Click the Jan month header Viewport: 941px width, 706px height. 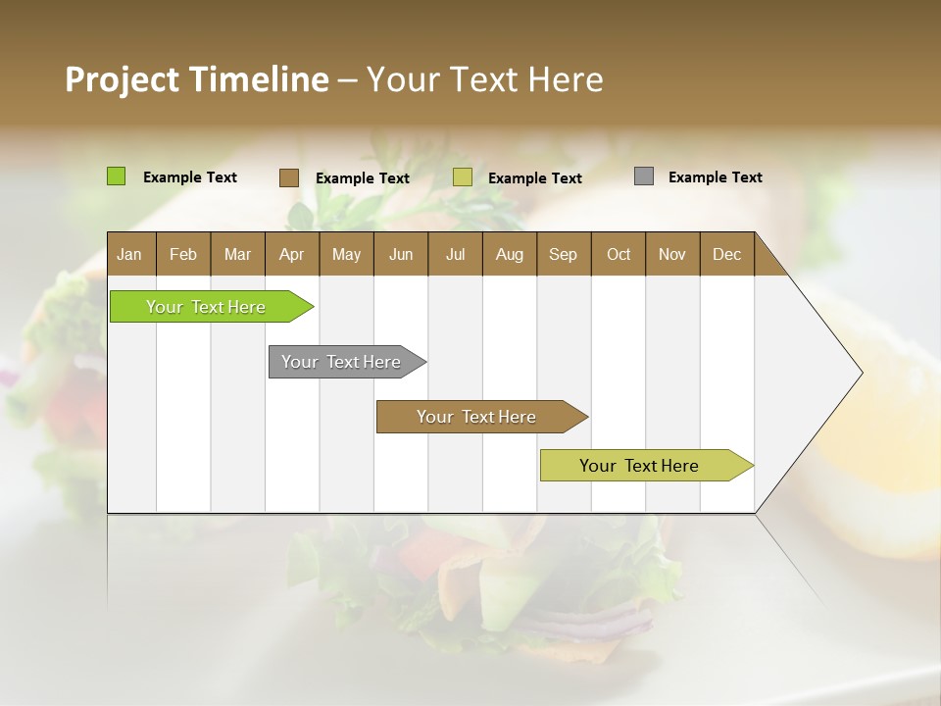(x=130, y=254)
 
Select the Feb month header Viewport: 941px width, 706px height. (x=183, y=254)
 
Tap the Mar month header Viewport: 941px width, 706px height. (x=237, y=254)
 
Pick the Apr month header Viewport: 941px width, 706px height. (x=291, y=254)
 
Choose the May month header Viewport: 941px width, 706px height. (x=346, y=254)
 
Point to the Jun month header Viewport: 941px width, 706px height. (x=401, y=254)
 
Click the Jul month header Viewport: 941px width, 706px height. (x=455, y=254)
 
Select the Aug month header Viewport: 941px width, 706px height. (x=510, y=254)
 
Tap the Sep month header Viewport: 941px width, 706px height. (x=564, y=254)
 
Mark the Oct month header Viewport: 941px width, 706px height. (x=619, y=254)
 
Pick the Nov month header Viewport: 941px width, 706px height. (x=672, y=254)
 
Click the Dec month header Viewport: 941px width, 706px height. (x=726, y=254)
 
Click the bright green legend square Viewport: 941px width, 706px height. (x=117, y=176)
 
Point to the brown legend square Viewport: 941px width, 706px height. (x=288, y=177)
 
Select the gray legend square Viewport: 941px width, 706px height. (x=644, y=176)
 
